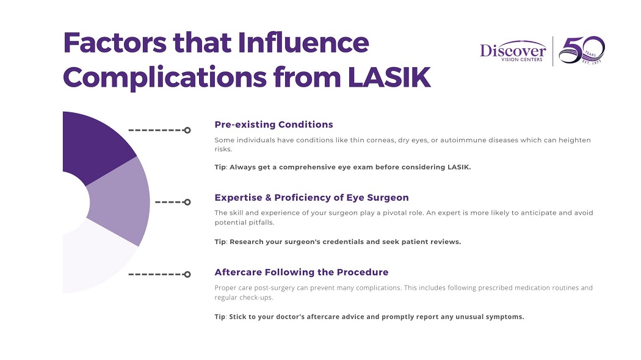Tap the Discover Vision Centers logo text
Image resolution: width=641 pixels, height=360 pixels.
point(512,51)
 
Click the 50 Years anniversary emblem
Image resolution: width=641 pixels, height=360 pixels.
point(581,51)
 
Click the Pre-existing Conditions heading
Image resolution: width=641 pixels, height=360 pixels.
point(273,124)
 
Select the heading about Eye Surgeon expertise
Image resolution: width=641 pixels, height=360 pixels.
point(311,198)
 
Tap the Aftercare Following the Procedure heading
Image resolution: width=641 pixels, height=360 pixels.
point(301,272)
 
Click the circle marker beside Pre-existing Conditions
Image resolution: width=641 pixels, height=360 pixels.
point(187,130)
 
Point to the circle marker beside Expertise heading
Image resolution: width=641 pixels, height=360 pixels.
point(187,202)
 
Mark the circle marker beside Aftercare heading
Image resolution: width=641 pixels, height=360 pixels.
point(187,275)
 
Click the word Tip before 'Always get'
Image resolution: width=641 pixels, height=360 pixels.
point(220,167)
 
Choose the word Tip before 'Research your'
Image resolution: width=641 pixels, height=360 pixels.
point(220,242)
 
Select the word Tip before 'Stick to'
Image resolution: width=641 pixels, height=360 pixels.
point(220,317)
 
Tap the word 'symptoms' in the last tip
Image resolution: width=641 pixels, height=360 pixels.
point(504,317)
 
